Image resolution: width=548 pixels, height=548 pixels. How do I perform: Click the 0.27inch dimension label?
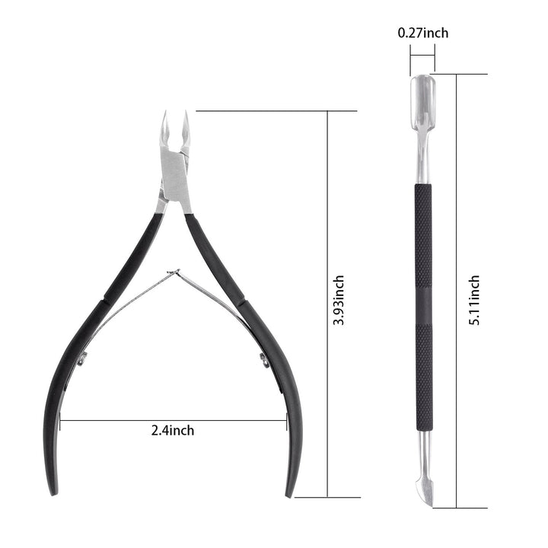pos(422,33)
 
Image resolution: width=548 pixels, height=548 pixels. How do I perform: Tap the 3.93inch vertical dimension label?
pos(339,301)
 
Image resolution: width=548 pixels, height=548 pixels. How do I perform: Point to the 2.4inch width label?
pos(172,430)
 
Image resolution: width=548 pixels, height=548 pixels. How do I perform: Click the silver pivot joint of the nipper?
pos(175,175)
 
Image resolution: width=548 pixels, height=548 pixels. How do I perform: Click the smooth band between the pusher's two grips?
pos(422,312)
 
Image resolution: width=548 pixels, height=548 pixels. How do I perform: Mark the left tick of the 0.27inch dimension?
pos(410,57)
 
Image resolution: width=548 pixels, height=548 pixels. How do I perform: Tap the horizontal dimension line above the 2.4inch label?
pos(172,419)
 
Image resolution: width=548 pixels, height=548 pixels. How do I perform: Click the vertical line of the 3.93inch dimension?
pos(327,228)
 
